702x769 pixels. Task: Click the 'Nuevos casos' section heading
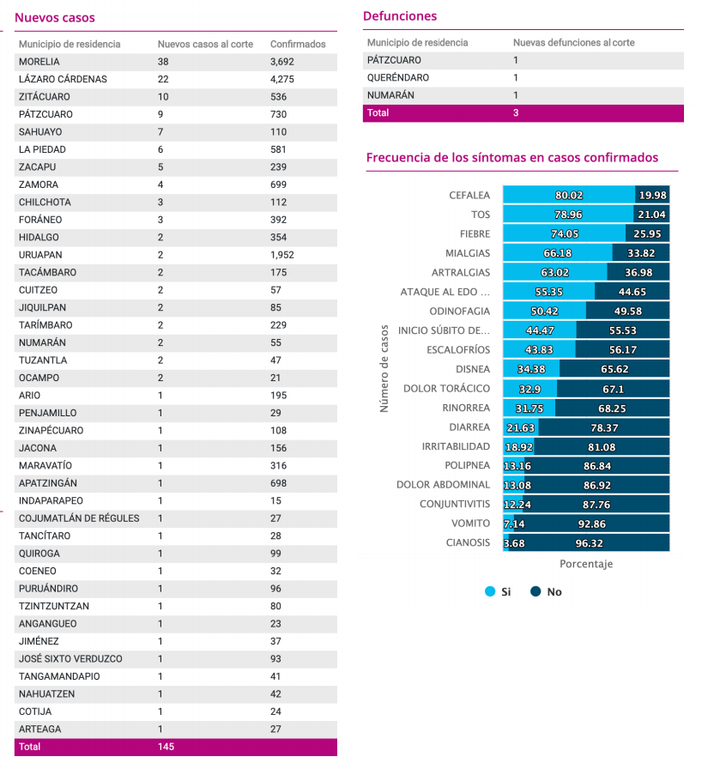(x=54, y=18)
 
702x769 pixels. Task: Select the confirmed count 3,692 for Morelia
(x=281, y=62)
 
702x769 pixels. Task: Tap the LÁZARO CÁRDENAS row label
(x=63, y=80)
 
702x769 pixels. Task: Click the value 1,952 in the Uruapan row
(x=281, y=255)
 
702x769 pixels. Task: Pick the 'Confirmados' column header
(x=298, y=44)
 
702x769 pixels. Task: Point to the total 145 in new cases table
(x=166, y=747)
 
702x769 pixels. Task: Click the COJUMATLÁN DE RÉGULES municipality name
(x=79, y=518)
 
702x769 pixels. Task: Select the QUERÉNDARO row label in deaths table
(x=398, y=77)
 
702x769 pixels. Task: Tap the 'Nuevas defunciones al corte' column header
(x=573, y=43)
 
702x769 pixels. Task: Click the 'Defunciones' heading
(x=400, y=16)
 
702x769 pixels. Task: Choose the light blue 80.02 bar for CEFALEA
(x=569, y=195)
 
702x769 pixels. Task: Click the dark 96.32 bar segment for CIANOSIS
(x=589, y=543)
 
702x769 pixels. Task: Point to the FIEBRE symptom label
(x=475, y=234)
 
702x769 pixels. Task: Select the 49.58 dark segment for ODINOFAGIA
(x=627, y=311)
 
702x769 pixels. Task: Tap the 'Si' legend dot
(x=490, y=591)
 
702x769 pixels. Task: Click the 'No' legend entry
(x=546, y=591)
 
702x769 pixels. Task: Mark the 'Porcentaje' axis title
(x=586, y=564)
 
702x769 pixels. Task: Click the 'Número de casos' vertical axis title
(x=384, y=368)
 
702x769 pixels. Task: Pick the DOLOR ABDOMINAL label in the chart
(x=443, y=485)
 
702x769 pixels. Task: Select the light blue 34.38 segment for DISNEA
(x=531, y=369)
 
